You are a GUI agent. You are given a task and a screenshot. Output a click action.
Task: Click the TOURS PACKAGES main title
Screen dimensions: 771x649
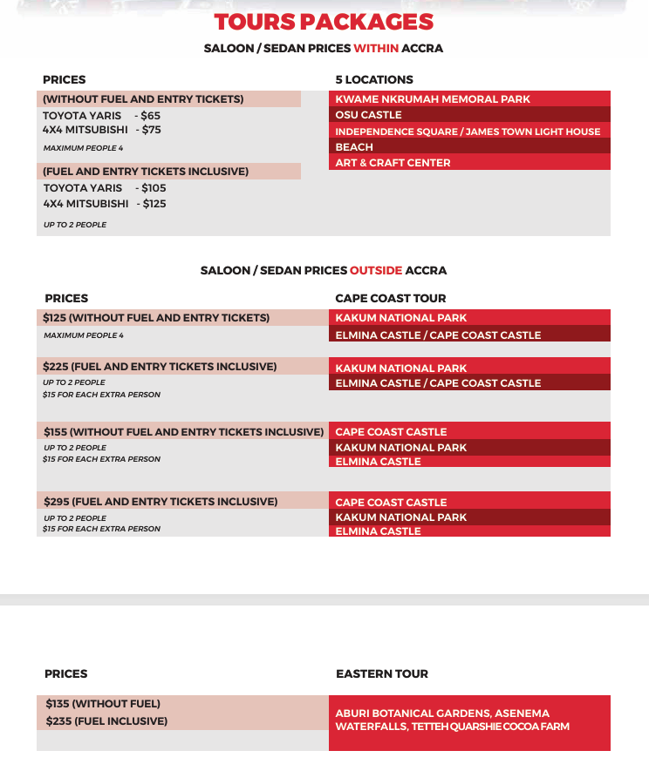pos(324,22)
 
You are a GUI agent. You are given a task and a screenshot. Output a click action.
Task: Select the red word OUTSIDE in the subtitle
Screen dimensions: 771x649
pos(376,271)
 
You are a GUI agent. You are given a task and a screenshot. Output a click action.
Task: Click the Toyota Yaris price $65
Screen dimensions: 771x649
pos(151,115)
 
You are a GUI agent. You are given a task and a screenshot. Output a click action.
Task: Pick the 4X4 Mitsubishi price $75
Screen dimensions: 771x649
pos(152,130)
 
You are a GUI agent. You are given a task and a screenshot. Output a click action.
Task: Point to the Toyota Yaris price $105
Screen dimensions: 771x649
pos(154,188)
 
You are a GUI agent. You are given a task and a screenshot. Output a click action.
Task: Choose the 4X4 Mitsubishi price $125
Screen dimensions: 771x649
pos(154,204)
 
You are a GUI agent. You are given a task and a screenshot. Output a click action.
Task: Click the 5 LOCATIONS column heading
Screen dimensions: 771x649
pos(374,79)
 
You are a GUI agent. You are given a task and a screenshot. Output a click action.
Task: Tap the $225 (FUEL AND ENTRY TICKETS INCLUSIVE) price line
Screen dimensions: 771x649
pos(160,367)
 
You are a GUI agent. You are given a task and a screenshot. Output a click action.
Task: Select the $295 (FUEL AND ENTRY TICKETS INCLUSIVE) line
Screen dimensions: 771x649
pos(161,502)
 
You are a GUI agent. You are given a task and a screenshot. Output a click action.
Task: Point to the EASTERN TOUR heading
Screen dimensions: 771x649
pos(382,673)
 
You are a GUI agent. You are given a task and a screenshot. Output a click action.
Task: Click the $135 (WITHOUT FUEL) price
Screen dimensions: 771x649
pos(103,704)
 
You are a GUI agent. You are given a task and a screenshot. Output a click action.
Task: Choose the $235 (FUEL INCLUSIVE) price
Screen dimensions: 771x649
pos(106,721)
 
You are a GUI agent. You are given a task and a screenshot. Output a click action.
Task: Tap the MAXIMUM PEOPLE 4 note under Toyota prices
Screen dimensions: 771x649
pos(83,148)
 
